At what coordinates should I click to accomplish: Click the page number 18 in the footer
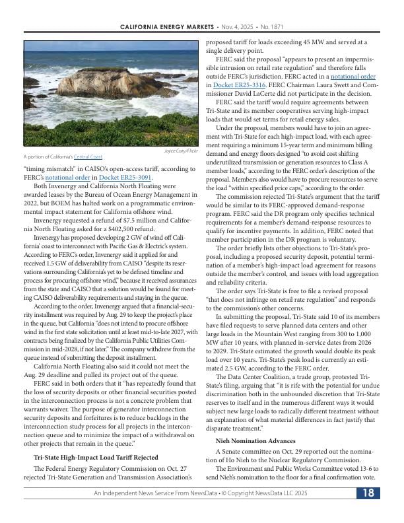(368, 493)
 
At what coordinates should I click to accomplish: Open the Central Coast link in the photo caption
(88, 157)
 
